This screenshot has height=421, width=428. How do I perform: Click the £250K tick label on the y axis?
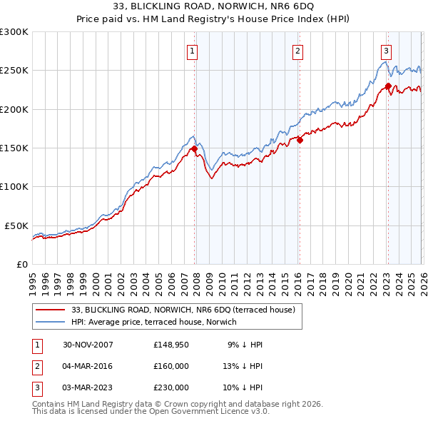point(14,71)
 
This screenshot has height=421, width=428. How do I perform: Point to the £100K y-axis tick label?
point(14,186)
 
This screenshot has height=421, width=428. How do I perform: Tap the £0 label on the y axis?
point(23,264)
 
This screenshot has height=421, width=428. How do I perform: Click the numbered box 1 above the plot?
point(193,51)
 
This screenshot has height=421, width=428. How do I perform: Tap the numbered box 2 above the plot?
point(297,51)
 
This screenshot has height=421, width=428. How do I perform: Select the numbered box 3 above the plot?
point(385,51)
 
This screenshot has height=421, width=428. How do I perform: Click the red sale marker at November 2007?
point(194,148)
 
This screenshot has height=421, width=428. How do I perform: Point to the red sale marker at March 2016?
point(300,141)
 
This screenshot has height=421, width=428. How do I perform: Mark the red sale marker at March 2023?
point(388,86)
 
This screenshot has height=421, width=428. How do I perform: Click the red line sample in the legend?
point(50,310)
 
